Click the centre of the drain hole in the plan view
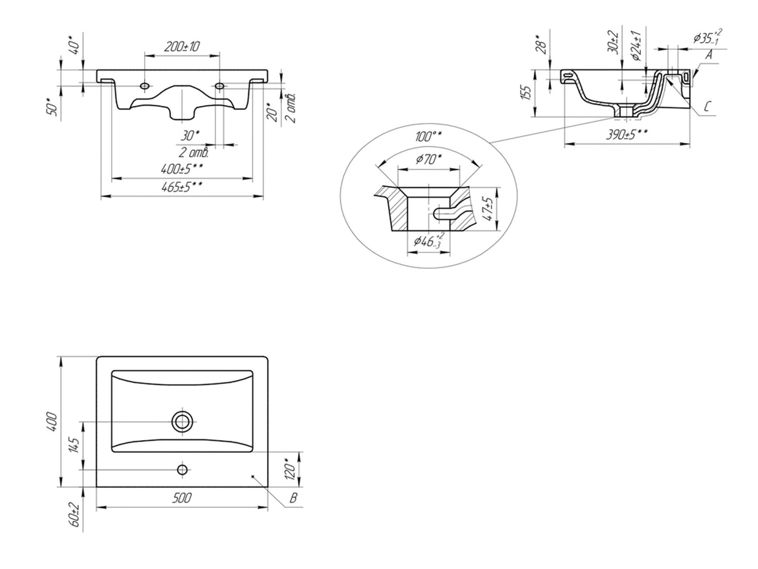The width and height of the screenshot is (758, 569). coord(182,422)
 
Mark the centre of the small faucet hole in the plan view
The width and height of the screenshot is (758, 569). coord(182,469)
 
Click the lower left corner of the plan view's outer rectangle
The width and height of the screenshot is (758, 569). coord(96,487)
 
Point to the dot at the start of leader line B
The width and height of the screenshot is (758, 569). coord(253,477)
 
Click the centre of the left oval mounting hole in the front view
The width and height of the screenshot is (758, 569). coord(144,85)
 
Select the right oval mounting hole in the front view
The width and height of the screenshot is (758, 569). coord(220,85)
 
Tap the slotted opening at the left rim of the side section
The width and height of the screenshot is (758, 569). coord(568,74)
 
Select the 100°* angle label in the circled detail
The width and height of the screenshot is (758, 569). coord(428,137)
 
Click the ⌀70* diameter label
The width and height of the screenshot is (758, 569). coord(429,159)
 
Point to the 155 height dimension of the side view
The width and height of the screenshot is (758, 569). coord(525,93)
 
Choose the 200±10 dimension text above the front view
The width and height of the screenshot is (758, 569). coord(181,46)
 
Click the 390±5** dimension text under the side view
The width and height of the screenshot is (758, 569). coord(627,134)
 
